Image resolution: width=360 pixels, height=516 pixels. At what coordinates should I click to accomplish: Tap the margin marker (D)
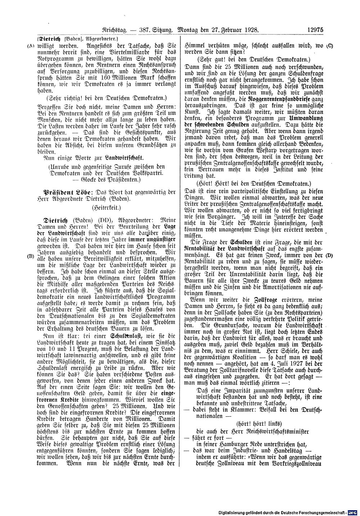[329, 255]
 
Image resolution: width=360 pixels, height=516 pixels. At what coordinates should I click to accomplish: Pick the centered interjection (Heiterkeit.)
[107, 208]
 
